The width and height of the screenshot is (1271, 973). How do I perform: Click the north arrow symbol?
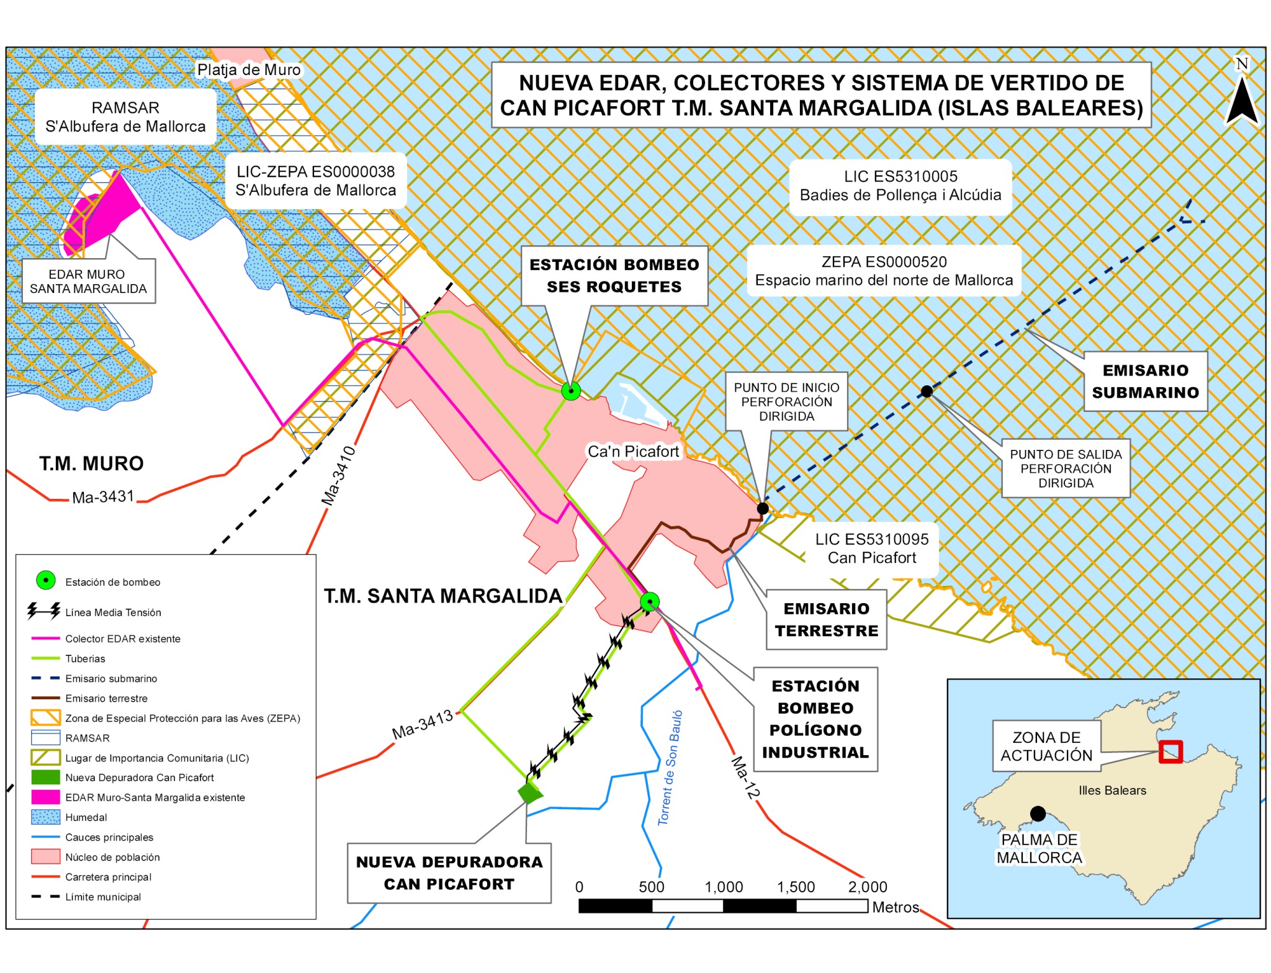pos(1242,99)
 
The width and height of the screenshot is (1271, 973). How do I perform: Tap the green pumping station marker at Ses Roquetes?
pos(571,390)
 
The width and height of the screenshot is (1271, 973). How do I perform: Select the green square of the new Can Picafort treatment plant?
pos(529,792)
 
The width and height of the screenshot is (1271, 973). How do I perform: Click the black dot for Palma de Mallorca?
pos(1038,814)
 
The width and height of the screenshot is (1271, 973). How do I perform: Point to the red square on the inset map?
pos(1170,752)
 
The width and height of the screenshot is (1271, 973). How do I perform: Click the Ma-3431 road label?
pos(103,497)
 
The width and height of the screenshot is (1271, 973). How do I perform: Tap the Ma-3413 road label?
pos(423,724)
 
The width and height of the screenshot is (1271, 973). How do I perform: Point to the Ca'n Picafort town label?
pos(633,451)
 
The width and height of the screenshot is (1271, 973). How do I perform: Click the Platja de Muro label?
pos(249,69)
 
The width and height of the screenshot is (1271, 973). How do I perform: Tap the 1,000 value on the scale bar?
pos(724,887)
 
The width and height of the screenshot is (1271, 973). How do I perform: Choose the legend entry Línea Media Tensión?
pos(113,612)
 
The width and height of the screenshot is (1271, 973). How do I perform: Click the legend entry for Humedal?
pos(86,817)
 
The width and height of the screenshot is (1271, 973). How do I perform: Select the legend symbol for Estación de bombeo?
pos(46,580)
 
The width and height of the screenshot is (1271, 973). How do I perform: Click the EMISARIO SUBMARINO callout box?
pos(1145,381)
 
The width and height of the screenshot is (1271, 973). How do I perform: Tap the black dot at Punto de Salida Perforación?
pos(927,391)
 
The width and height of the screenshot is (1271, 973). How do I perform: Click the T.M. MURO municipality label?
pos(91,463)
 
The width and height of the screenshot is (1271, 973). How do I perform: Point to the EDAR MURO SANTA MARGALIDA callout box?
pos(88,281)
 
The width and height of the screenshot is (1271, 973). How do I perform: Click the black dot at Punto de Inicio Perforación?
pos(763,508)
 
